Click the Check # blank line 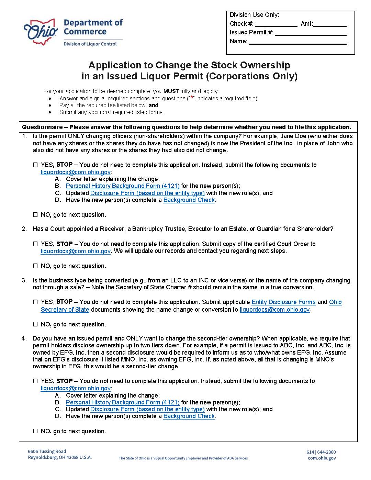click(276, 24)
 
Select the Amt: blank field click(330, 24)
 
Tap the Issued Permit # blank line click(311, 33)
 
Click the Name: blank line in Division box click(297, 42)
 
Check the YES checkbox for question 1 click(35, 165)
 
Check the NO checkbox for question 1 click(35, 215)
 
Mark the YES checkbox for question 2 click(35, 244)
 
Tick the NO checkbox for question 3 click(35, 324)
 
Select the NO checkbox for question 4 click(35, 431)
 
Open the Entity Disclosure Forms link click(283, 302)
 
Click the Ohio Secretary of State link click(335, 302)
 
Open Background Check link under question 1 click(189, 200)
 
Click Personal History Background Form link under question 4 click(123, 402)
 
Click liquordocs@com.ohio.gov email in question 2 click(76, 251)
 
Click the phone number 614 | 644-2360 click(321, 452)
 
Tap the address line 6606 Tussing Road click(47, 451)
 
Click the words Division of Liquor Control click(90, 44)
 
